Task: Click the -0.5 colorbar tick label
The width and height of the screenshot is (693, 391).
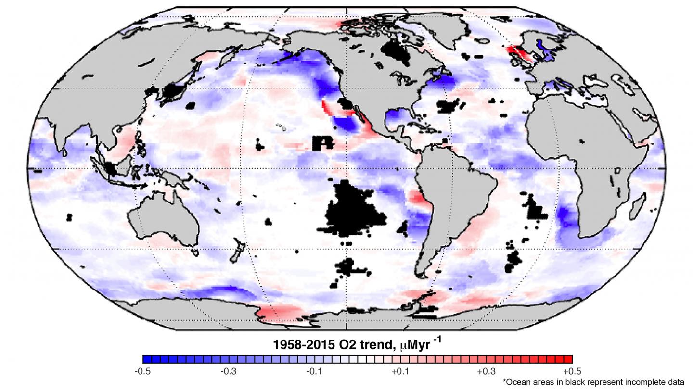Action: point(143,371)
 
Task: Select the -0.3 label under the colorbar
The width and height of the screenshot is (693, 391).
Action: point(229,371)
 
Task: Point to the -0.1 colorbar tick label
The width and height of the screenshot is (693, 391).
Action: point(314,371)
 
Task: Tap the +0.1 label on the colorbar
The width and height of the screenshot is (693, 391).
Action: point(400,371)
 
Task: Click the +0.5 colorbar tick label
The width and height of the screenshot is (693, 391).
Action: point(572,371)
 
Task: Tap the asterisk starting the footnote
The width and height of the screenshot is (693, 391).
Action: point(504,381)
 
